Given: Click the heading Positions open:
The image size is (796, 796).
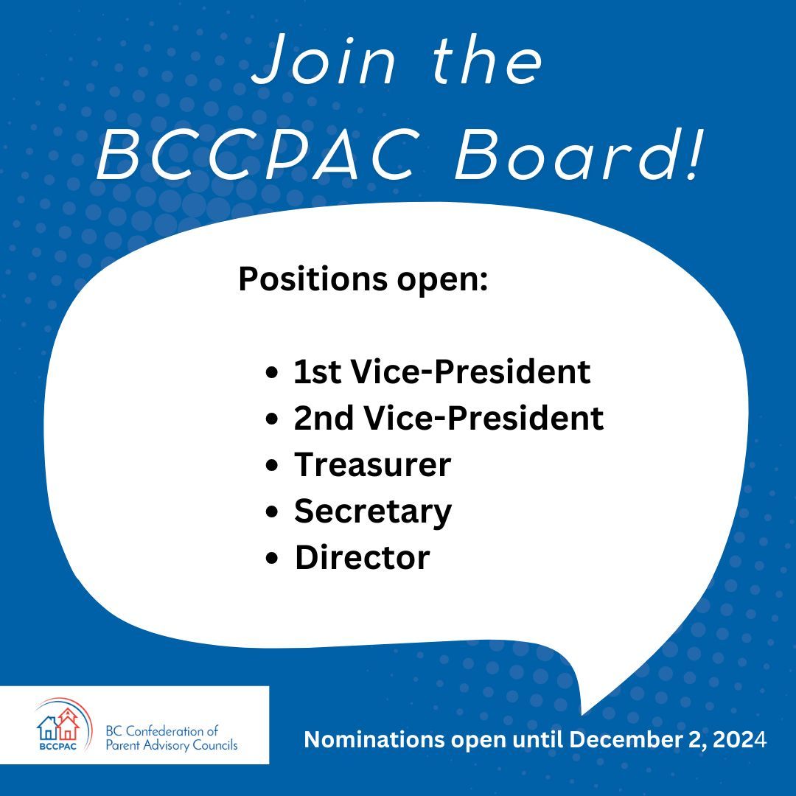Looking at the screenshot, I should pos(363,280).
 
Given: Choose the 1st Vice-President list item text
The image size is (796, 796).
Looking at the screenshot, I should pos(442,372).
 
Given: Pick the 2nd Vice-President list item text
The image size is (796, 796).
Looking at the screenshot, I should pos(449,419).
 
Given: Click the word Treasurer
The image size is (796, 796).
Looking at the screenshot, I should pos(372,465).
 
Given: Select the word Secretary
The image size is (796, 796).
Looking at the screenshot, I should pos(373,512).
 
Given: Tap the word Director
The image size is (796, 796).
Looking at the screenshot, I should pos(362,558).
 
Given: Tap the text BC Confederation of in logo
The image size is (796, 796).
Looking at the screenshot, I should pos(162,731).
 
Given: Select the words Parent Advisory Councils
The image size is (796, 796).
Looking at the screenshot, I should pos(172,746).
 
